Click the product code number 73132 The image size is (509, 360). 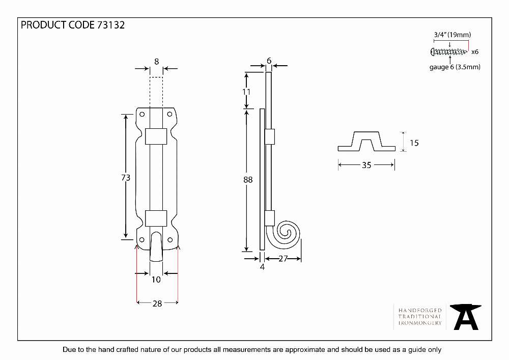(x=110, y=25)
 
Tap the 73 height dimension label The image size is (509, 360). (x=126, y=178)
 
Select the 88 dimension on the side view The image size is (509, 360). (x=248, y=180)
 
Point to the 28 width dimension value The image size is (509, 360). (x=157, y=303)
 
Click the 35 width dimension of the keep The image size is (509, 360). (x=366, y=165)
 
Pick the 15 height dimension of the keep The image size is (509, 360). (x=414, y=143)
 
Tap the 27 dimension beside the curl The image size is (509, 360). (x=283, y=258)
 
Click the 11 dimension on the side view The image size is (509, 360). (x=246, y=92)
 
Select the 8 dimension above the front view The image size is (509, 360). (x=156, y=61)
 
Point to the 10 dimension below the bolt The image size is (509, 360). (x=156, y=280)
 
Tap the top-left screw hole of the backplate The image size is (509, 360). (x=142, y=114)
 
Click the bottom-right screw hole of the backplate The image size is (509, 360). (x=170, y=240)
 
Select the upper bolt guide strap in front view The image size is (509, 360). (x=156, y=136)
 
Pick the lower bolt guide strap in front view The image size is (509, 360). (x=156, y=218)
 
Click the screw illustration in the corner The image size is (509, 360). (x=449, y=51)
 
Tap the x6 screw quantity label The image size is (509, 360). (x=474, y=51)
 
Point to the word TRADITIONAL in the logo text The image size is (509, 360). (x=420, y=317)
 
